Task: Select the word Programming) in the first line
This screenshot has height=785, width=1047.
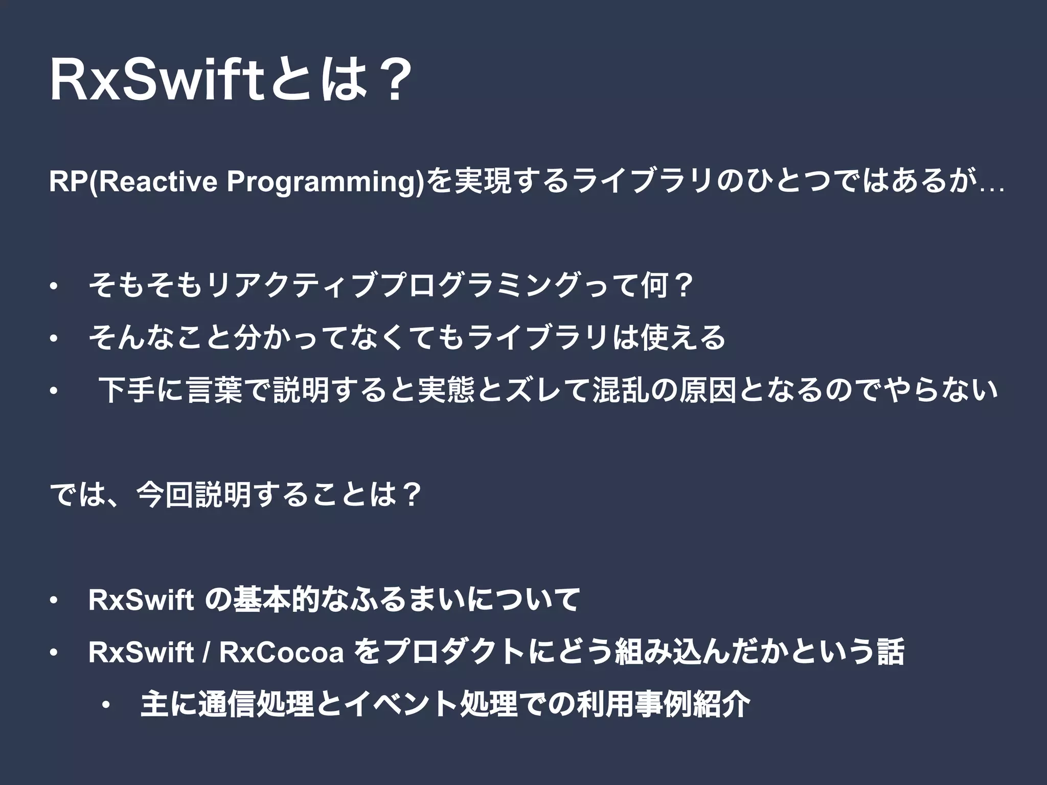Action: [x=325, y=182]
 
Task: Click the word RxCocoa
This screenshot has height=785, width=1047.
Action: [x=281, y=653]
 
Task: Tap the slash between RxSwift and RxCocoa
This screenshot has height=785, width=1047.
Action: [x=206, y=653]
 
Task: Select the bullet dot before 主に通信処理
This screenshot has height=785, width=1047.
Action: [x=105, y=706]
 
